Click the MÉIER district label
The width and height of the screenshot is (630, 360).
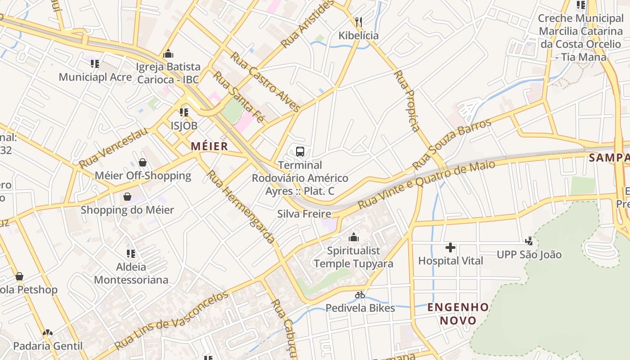coord(209,146)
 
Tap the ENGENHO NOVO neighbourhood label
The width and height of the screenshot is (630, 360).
coord(458,314)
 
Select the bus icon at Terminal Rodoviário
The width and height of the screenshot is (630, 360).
coord(300,152)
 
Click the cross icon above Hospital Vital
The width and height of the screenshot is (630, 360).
coord(450,247)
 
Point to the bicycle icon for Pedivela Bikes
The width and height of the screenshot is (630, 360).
coord(360,295)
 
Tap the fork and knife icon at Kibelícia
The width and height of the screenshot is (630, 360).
coord(359,22)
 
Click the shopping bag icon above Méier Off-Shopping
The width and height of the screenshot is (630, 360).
coord(143,162)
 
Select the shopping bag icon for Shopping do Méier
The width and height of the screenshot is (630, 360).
coord(127,197)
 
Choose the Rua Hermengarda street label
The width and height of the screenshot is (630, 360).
coord(241,207)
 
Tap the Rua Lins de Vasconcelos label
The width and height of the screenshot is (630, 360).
coord(171,320)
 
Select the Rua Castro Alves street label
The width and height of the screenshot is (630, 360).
coord(265,82)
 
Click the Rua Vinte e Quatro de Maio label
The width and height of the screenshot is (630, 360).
coord(426,184)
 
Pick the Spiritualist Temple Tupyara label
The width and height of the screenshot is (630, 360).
coord(354,257)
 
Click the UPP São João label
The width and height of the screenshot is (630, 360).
coord(529,255)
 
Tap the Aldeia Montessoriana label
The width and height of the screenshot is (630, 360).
coord(131,273)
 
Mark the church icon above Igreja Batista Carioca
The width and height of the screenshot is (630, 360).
coord(168,54)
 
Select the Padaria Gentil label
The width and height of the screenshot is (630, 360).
coord(48,346)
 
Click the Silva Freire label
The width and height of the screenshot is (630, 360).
coord(304,214)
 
